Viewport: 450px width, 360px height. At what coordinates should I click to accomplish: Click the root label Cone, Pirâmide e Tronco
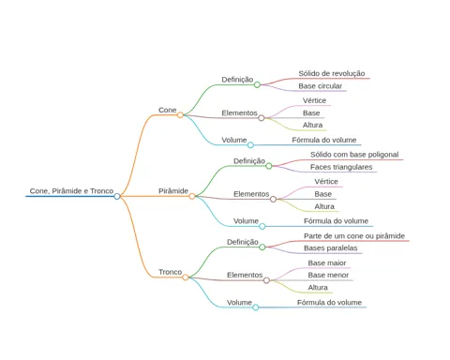point(71,191)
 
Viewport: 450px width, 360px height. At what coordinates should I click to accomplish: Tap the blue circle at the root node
point(117,196)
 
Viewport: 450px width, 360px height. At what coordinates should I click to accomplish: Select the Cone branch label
point(168,110)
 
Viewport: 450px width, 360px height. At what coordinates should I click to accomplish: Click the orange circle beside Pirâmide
point(192,196)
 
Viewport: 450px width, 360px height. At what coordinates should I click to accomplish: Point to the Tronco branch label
point(170,272)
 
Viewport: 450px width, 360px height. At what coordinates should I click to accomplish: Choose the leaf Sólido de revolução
point(332,73)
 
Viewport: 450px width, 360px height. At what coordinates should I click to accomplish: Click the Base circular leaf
point(320,86)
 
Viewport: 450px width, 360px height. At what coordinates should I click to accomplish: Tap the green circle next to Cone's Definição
point(257,84)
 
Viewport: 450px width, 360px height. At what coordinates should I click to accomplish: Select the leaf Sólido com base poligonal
point(354,155)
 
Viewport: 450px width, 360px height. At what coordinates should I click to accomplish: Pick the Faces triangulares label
point(341,167)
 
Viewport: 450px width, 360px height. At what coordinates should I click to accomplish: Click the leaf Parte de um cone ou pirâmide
point(354,236)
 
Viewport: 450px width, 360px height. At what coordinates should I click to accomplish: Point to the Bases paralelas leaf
point(331,248)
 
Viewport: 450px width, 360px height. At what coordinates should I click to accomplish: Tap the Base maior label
point(327,263)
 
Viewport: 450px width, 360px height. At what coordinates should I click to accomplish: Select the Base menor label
point(328,275)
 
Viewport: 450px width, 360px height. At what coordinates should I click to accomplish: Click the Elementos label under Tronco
point(245,275)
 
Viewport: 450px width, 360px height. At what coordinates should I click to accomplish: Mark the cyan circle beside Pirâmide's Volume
point(262,226)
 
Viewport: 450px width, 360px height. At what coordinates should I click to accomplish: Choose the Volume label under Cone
point(234,140)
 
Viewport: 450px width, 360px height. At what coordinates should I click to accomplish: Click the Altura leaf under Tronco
point(318,288)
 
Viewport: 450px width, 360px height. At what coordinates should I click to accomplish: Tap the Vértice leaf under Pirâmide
point(326,182)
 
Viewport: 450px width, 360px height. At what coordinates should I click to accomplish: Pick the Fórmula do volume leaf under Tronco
point(329,303)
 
